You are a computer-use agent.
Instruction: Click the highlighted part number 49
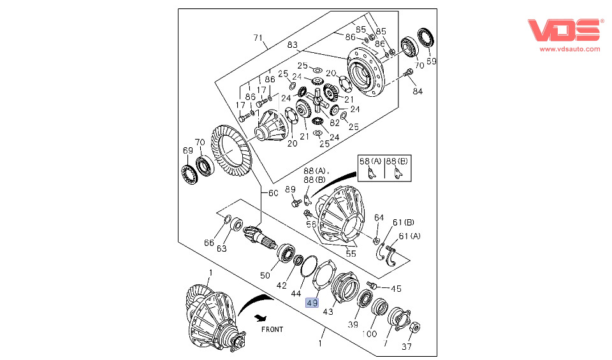pos(312,303)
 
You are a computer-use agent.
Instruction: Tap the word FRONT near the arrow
pos(272,329)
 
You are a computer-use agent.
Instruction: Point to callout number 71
pos(258,38)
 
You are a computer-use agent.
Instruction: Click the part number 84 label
pos(418,91)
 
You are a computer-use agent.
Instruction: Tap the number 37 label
pos(407,347)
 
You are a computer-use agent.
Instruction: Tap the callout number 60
pos(273,193)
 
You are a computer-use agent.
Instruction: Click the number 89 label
pos(290,189)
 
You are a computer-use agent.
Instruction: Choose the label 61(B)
pos(403,222)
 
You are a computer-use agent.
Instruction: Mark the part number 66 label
pos(209,242)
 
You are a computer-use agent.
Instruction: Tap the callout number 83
pos(292,45)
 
